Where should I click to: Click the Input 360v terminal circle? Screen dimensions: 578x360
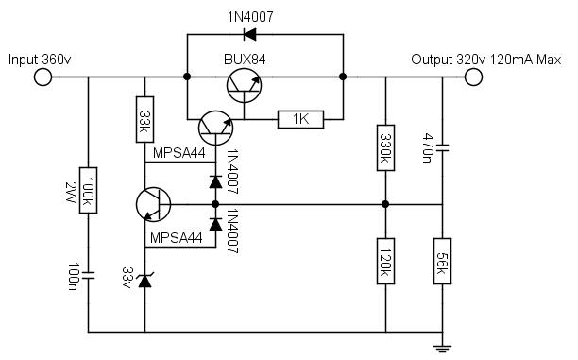(x=42, y=77)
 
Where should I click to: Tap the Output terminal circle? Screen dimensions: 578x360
(x=473, y=77)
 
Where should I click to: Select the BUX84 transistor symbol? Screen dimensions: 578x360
(x=244, y=86)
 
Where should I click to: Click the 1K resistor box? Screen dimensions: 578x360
(x=300, y=119)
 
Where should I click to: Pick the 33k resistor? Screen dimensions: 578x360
(x=144, y=119)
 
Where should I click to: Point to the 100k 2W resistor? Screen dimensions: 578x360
(x=89, y=190)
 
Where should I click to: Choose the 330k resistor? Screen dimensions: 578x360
(x=385, y=147)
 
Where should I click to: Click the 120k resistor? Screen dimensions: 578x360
(x=385, y=261)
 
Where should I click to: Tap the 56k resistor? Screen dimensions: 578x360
(x=442, y=261)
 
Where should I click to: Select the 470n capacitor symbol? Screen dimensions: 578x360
(x=442, y=148)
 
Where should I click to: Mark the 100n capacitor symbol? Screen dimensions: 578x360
(x=89, y=276)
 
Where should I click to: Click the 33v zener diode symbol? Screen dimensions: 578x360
(x=144, y=281)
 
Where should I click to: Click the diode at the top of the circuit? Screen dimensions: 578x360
(x=250, y=35)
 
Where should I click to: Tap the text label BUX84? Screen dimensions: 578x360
(x=245, y=60)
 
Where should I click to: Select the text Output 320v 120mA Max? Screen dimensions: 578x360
(x=485, y=60)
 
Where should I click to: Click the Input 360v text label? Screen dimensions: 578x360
(x=40, y=60)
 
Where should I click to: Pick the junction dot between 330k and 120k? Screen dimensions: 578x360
(x=385, y=204)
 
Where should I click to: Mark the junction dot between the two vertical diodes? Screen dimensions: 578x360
(x=215, y=204)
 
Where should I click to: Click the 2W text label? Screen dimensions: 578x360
(x=70, y=193)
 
